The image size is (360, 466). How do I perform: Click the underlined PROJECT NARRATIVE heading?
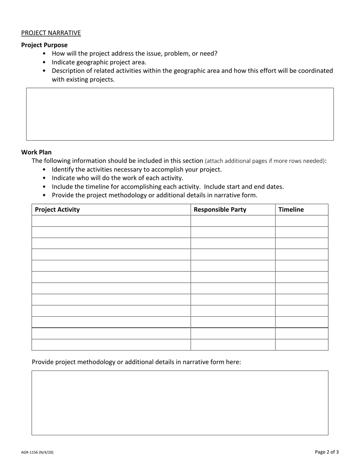click(x=51, y=33)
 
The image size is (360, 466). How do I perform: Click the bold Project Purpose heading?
click(x=44, y=45)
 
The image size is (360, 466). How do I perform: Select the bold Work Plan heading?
click(x=36, y=152)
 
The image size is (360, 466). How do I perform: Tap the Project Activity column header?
click(x=57, y=210)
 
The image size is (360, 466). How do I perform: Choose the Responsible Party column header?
click(x=220, y=210)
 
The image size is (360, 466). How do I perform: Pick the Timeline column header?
click(x=291, y=210)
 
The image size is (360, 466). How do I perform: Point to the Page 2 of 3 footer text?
click(x=327, y=452)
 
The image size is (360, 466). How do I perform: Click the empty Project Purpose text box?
click(x=180, y=114)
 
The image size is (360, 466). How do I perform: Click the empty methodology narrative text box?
click(x=180, y=402)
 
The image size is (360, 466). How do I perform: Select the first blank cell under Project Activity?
click(x=111, y=221)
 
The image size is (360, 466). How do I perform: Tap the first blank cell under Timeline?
click(x=301, y=221)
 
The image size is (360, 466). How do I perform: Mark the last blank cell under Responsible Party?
click(x=233, y=345)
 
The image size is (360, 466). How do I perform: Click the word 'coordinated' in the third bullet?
click(x=316, y=71)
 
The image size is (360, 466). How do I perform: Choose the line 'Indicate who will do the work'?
click(x=117, y=178)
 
